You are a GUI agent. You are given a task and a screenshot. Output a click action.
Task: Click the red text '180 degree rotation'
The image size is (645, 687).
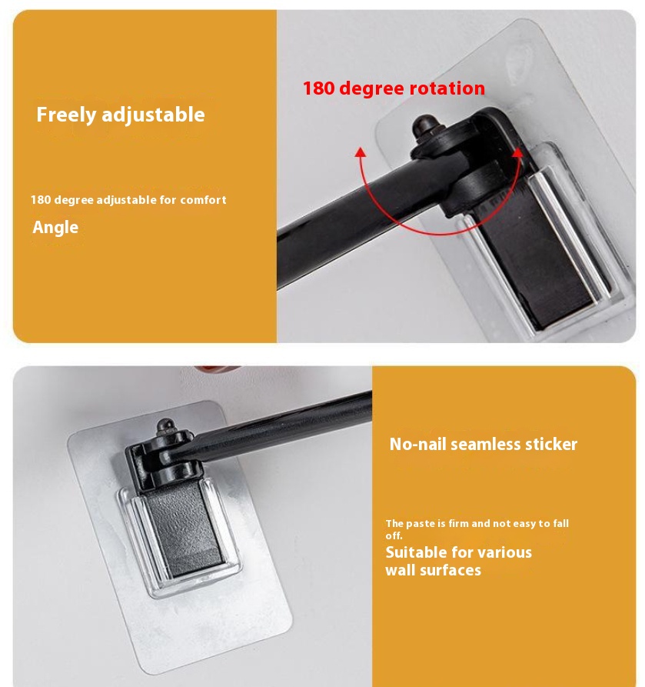point(394,88)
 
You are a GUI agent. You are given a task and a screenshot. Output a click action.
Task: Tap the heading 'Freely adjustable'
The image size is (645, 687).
point(121,115)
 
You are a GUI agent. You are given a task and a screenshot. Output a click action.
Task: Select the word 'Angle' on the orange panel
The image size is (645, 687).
point(55,228)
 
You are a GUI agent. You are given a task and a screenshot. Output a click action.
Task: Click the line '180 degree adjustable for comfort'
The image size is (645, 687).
point(128,200)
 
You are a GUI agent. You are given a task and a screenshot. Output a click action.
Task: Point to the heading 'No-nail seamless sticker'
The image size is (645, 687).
point(484,444)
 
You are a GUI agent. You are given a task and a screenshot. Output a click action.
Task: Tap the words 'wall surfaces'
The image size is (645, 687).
point(433,570)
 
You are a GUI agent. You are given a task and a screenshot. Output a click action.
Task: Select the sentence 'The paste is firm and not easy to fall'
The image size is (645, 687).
point(477,523)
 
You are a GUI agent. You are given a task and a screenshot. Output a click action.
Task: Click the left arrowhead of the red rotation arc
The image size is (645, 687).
point(361,152)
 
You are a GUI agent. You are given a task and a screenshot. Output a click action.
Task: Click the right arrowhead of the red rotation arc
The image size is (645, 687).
point(517,152)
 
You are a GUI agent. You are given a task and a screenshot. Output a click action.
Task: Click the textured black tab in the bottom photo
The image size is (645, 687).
point(184,529)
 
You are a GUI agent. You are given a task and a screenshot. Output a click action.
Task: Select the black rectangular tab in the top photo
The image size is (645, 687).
point(539,258)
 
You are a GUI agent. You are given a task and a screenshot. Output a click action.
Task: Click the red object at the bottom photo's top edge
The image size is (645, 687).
point(218,370)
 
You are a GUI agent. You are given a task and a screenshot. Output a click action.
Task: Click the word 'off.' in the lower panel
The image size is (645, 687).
point(394,535)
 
